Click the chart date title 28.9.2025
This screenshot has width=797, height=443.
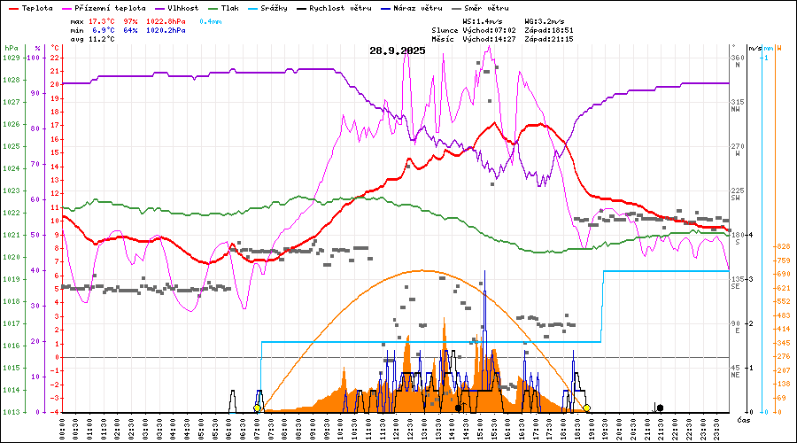pyautogui.click(x=398, y=51)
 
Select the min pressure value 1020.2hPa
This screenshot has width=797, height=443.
pyautogui.click(x=166, y=30)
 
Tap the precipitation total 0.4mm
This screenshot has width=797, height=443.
pyautogui.click(x=211, y=20)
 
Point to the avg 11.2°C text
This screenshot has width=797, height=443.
pyautogui.click(x=93, y=40)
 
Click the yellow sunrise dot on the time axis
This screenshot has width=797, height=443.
pyautogui.click(x=258, y=408)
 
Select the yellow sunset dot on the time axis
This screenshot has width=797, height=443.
pyautogui.click(x=586, y=408)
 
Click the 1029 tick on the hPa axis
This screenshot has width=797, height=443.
pyautogui.click(x=11, y=58)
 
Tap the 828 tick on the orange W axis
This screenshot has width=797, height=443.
pyautogui.click(x=782, y=246)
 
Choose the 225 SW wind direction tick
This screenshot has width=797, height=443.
pyautogui.click(x=735, y=193)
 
